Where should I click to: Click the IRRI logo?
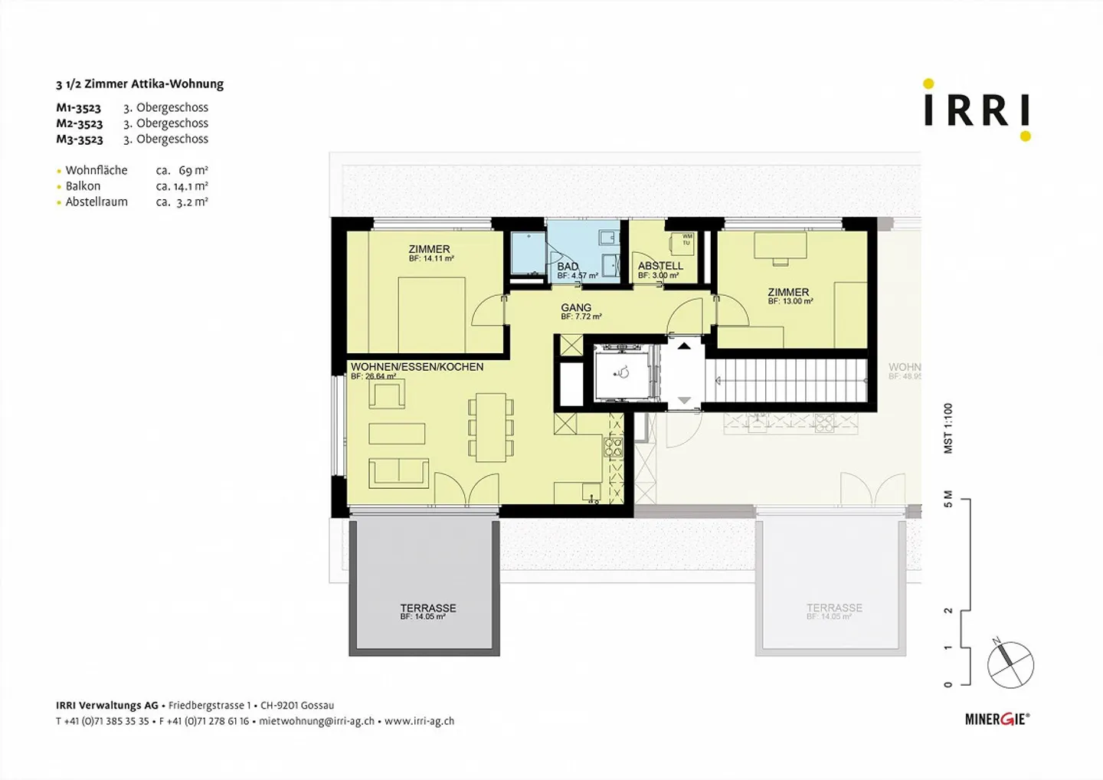(x=977, y=110)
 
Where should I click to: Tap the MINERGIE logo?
(x=997, y=719)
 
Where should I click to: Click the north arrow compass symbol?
(x=1010, y=664)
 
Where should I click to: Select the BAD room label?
(x=568, y=267)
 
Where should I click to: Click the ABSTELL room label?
(x=660, y=266)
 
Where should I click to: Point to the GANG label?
(x=576, y=307)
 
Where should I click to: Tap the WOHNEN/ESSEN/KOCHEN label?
(x=417, y=367)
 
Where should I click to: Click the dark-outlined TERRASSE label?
(x=428, y=608)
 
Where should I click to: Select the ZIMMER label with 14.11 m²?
(x=429, y=249)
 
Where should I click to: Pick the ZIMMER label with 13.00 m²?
(x=788, y=292)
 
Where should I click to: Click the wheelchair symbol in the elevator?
(x=623, y=373)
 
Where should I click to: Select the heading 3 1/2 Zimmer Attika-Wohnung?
(x=139, y=84)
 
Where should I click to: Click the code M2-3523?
(x=79, y=123)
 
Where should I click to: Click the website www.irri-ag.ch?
(x=419, y=721)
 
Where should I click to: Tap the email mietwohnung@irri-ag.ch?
(x=316, y=721)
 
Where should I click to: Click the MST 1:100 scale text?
(x=948, y=428)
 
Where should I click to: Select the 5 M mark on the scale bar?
(x=948, y=500)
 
